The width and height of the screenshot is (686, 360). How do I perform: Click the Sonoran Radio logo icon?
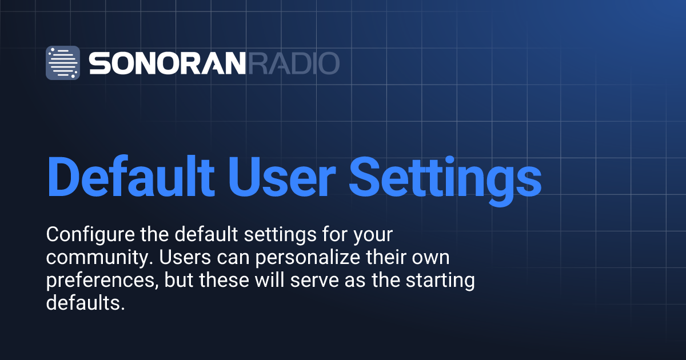63,63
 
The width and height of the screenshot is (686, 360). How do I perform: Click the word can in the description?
233,258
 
